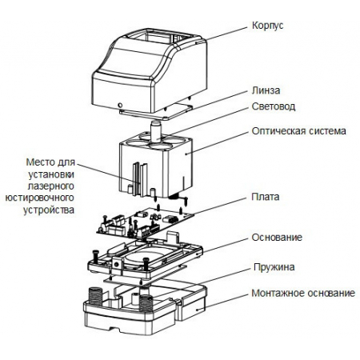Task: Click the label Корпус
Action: tap(267, 26)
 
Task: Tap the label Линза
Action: tap(266, 90)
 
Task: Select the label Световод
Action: tap(274, 106)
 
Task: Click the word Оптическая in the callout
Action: tap(278, 131)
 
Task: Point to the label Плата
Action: tap(266, 197)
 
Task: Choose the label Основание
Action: tap(277, 238)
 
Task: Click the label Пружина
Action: tap(274, 267)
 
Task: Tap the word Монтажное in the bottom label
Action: tap(278, 294)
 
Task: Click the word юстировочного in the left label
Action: tap(39, 198)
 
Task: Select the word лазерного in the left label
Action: tap(50, 186)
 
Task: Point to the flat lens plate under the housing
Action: tap(156, 112)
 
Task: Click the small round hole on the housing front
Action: tap(120, 105)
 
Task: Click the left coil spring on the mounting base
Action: tap(95, 296)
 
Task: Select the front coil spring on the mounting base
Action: tap(146, 303)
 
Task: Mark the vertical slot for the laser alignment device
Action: tap(138, 177)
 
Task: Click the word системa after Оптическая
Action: tap(328, 131)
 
